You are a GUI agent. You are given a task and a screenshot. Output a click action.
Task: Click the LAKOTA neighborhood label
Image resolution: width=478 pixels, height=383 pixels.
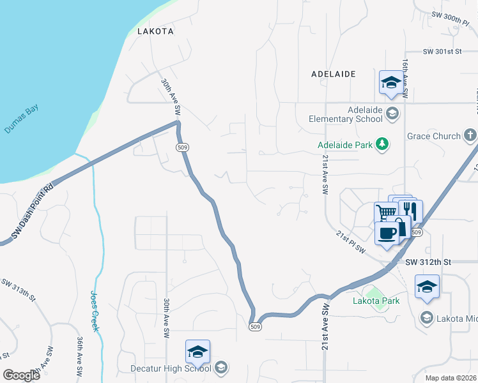click(155, 31)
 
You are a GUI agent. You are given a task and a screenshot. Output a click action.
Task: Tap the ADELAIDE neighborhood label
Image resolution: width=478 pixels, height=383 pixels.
click(333, 74)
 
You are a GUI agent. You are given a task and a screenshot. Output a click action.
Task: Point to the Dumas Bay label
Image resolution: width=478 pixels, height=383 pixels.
click(21, 119)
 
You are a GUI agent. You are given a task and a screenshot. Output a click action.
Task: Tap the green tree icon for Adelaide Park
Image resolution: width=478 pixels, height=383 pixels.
click(382, 144)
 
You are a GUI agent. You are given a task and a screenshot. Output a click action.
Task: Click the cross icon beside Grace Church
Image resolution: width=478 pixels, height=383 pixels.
click(470, 135)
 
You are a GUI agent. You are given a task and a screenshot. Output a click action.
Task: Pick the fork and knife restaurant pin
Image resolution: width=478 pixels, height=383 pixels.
click(410, 209)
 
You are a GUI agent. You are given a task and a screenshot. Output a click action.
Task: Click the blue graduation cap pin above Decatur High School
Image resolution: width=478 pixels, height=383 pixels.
click(197, 351)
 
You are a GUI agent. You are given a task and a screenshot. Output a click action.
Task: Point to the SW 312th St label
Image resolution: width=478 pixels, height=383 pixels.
click(428, 262)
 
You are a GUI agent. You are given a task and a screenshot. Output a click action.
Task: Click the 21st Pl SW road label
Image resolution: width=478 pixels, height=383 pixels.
click(351, 243)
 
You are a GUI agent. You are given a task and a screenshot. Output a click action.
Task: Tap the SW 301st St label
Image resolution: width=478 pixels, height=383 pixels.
click(442, 52)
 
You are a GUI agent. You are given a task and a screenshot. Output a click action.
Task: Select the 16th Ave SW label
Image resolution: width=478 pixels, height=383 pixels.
click(405, 79)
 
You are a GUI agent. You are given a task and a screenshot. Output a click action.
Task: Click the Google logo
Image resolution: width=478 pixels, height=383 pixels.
click(22, 375)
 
